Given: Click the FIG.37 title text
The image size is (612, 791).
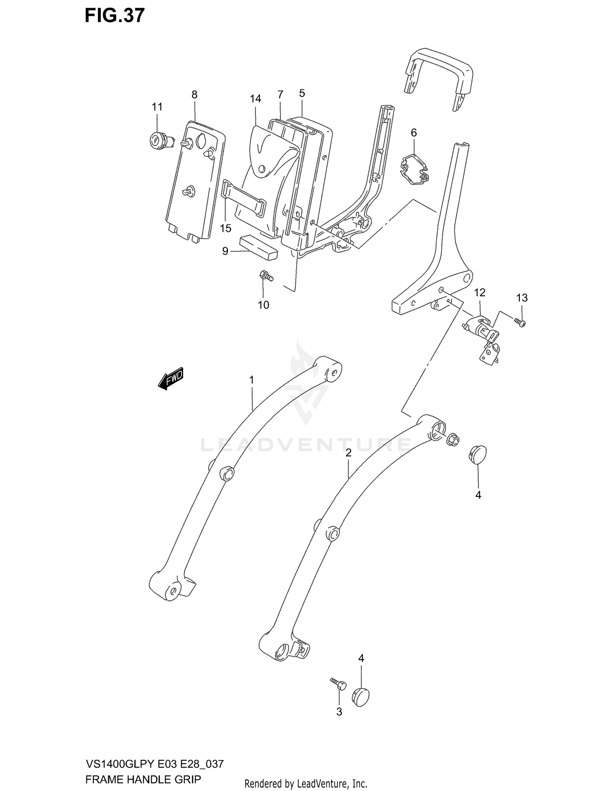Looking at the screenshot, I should click(x=115, y=15).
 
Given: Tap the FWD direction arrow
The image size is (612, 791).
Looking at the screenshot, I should click(x=171, y=379).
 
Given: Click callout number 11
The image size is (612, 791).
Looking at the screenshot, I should click(x=157, y=107).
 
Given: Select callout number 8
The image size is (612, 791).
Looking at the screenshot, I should click(x=194, y=95).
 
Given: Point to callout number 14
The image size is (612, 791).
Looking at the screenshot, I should click(x=255, y=99).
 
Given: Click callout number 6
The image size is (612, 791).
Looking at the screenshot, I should click(x=414, y=132).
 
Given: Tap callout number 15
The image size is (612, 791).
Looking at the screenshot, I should click(x=226, y=228).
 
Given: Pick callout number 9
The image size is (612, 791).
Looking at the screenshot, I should click(x=225, y=251).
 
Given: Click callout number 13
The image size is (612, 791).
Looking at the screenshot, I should click(x=522, y=298).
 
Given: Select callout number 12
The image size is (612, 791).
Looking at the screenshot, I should click(x=480, y=292).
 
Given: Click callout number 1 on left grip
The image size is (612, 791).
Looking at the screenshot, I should click(x=252, y=380).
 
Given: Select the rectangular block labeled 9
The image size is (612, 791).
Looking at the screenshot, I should click(x=258, y=247).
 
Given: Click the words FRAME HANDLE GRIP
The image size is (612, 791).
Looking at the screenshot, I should click(x=143, y=779).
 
